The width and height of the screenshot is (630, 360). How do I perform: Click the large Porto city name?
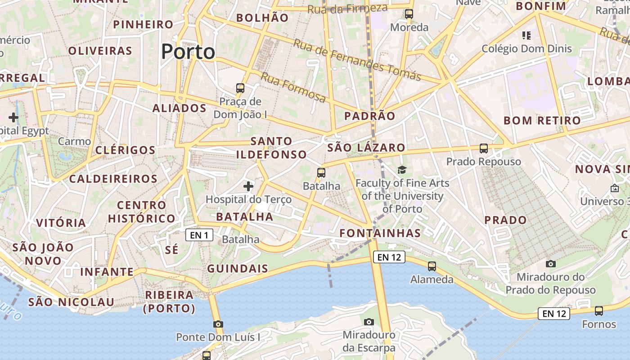tap(188, 52)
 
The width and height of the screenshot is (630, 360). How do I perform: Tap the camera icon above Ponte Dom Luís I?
tap(218, 324)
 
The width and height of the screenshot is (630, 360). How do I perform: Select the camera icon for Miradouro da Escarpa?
tap(369, 322)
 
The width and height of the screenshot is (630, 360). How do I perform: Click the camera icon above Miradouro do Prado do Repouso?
tap(550, 264)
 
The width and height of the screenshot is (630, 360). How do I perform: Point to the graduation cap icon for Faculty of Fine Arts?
tap(401, 170)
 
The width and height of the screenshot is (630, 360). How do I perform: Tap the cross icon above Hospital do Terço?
tap(248, 186)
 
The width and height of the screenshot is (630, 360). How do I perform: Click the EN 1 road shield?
tap(199, 234)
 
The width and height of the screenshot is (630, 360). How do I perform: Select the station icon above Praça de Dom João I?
tap(240, 88)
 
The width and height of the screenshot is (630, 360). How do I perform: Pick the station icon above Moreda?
tap(409, 14)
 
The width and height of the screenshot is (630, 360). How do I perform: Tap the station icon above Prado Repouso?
tap(484, 148)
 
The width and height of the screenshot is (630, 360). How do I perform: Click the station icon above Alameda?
tap(432, 266)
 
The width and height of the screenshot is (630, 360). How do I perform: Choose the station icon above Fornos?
tap(599, 310)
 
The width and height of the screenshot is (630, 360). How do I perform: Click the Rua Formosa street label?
tap(293, 87)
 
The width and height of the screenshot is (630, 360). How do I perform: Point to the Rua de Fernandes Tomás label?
tap(357, 60)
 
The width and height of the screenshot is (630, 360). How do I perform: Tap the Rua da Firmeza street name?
tap(348, 8)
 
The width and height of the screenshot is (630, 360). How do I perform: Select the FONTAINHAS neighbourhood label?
tap(380, 233)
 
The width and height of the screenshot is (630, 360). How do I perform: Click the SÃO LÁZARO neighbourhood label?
tap(366, 148)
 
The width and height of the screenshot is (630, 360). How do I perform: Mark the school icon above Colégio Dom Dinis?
tap(526, 35)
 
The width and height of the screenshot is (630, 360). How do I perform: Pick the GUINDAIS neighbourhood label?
tap(238, 269)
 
